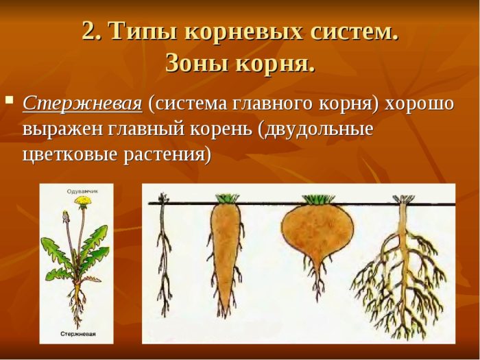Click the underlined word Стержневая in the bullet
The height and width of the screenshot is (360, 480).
coord(82,104)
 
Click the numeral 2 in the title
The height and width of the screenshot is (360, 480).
coord(91,31)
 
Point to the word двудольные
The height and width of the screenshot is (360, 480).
coord(315,130)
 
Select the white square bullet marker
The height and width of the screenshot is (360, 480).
coord(10,100)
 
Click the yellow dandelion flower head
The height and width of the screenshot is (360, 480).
coord(83,200)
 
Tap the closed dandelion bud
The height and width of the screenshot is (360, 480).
coord(66,216)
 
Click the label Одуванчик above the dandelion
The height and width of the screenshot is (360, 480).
coord(83,191)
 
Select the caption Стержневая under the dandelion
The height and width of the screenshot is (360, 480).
coord(78,334)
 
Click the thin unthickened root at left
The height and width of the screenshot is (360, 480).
coord(164,254)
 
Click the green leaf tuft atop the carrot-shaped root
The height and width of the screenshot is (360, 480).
coord(227,198)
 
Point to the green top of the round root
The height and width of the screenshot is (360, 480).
coord(317,200)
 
